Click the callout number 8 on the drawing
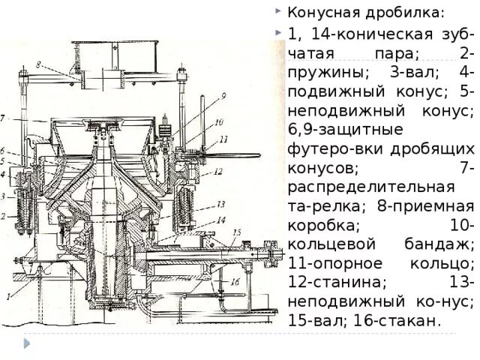pos(37,65)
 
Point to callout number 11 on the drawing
pos(223,139)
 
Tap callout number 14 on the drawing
pos(221,219)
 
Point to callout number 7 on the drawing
pos(3,118)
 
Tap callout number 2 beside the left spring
pos(3,216)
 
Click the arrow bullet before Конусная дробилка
pos(278,12)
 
